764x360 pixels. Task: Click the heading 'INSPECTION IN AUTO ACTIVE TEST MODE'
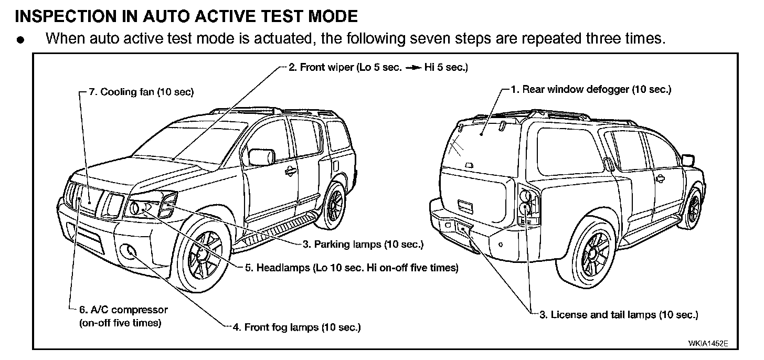tap(186, 16)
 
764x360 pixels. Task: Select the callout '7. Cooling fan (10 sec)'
tap(141, 92)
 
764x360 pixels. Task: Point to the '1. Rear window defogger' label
tap(591, 90)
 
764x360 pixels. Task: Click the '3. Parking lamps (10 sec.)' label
tap(362, 245)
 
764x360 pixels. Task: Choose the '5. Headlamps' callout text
tap(352, 268)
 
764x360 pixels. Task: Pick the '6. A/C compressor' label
tap(123, 310)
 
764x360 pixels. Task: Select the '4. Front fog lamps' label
tap(296, 327)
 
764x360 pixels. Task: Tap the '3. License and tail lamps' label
tap(619, 315)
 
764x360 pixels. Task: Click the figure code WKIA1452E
tap(708, 343)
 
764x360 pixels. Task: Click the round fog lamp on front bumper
tap(129, 252)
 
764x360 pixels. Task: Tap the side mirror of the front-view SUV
tap(261, 157)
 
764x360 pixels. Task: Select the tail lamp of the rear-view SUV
tap(527, 204)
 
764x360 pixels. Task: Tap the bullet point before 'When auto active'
tap(20, 40)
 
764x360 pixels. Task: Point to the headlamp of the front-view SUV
tap(142, 208)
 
